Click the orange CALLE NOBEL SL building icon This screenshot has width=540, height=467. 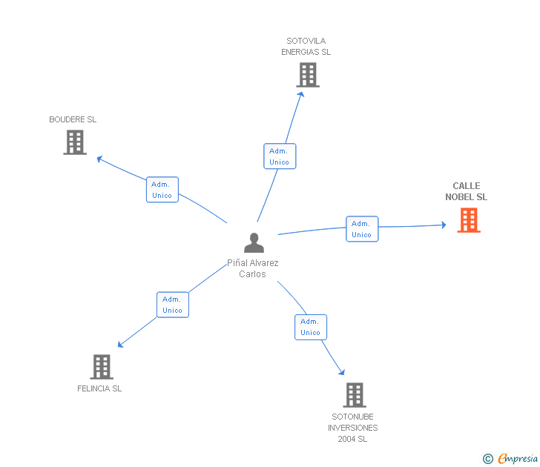pyautogui.click(x=468, y=220)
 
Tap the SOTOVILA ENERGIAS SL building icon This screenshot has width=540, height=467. pyautogui.click(x=308, y=75)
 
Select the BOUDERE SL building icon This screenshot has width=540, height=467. pyautogui.click(x=75, y=142)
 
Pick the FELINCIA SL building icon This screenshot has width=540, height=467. pyautogui.click(x=101, y=367)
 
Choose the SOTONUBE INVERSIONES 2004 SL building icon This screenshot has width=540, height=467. pyautogui.click(x=355, y=395)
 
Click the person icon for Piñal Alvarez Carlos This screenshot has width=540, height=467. pyautogui.click(x=254, y=243)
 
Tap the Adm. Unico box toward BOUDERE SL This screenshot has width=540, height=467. pyautogui.click(x=162, y=190)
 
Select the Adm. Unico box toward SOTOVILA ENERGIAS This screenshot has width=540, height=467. pyautogui.click(x=280, y=156)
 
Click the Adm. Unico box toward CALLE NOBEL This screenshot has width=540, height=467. pyautogui.click(x=362, y=229)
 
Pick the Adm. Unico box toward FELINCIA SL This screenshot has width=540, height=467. pyautogui.click(x=172, y=305)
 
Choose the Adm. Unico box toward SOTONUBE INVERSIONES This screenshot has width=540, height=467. pyautogui.click(x=310, y=327)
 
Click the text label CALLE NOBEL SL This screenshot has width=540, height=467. pyautogui.click(x=467, y=192)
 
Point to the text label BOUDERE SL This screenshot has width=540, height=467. pyautogui.click(x=73, y=119)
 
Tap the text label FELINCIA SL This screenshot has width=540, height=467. pyautogui.click(x=99, y=388)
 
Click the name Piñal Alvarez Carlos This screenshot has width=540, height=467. pyautogui.click(x=252, y=268)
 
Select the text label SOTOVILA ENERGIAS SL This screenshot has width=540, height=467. pyautogui.click(x=306, y=47)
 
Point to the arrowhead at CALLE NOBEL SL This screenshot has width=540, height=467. pyautogui.click(x=443, y=225)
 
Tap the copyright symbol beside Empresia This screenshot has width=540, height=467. pyautogui.click(x=488, y=459)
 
